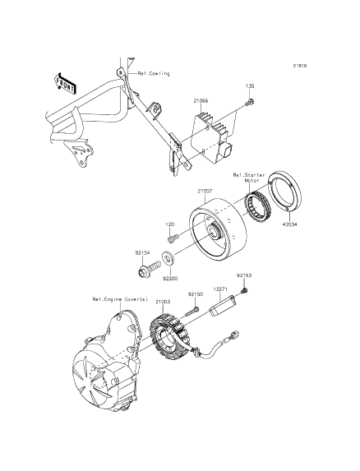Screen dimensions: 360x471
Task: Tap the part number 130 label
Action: click(x=250, y=86)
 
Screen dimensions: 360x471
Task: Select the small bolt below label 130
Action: click(x=250, y=102)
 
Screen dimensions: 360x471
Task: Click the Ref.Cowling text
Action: click(x=154, y=73)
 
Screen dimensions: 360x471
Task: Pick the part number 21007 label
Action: click(x=205, y=191)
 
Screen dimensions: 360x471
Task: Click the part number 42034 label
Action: click(x=289, y=224)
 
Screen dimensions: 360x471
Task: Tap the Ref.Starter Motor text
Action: click(x=249, y=178)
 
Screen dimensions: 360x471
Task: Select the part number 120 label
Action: click(x=170, y=224)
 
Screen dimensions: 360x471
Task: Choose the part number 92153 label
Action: click(x=244, y=275)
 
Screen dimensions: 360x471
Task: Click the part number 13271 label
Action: click(x=220, y=289)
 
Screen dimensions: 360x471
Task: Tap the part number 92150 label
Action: click(x=196, y=294)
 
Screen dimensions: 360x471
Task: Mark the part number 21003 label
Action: click(x=164, y=302)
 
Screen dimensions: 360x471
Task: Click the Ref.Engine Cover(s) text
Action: click(x=120, y=299)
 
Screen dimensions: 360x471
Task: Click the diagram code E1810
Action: click(x=300, y=65)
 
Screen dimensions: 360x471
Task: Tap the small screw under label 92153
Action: click(x=245, y=290)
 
